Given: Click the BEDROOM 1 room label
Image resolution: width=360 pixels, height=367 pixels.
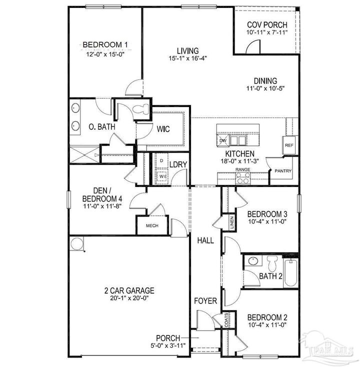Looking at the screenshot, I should tap(105, 44).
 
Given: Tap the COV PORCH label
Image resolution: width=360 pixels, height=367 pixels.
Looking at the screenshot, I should tap(267, 24).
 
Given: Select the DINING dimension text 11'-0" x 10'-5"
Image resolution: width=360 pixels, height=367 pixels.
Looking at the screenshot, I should tap(264, 89).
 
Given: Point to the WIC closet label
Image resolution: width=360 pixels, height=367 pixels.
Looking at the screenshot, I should tap(163, 129).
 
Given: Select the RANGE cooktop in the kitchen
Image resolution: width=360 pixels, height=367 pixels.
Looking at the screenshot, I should tap(243, 178).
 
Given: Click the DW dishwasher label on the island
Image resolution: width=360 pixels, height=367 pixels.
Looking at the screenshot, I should tap(223, 140).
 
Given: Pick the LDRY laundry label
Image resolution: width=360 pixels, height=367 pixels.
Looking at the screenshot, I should tap(177, 164).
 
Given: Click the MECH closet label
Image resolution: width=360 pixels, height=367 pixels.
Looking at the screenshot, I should tap(152, 225).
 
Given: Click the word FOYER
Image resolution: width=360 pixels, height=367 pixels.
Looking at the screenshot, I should tap(205, 301).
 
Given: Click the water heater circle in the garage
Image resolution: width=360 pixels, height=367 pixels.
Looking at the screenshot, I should tap(76, 244).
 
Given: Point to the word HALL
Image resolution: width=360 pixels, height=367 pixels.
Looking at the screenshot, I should tap(205, 240).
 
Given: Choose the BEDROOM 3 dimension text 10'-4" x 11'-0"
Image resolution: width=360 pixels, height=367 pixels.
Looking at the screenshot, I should tap(267, 222).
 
